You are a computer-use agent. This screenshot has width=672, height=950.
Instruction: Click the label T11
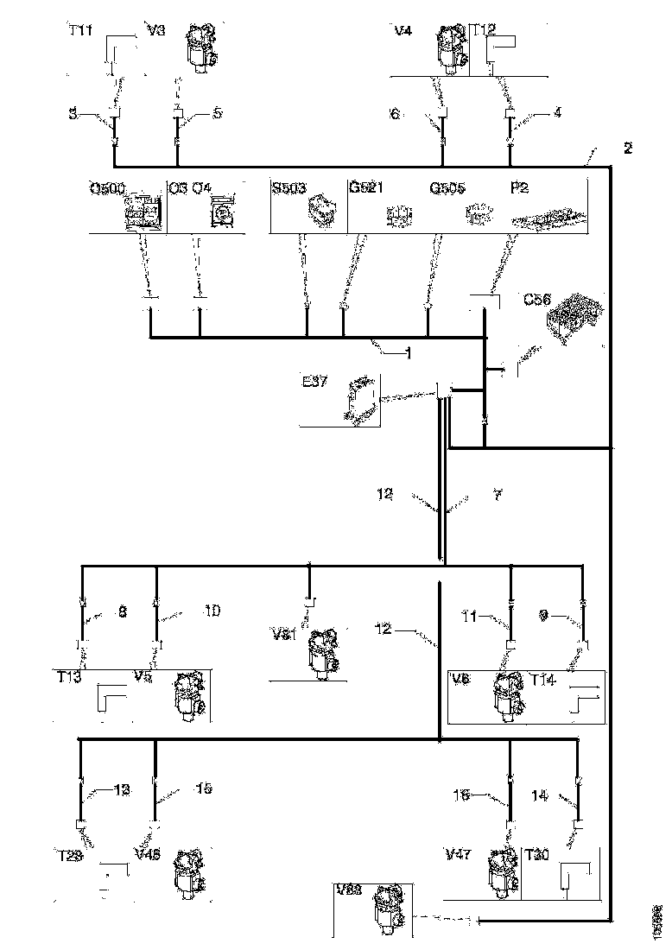80,30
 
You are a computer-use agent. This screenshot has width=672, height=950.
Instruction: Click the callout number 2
627,148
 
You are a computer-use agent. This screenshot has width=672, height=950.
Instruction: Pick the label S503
288,187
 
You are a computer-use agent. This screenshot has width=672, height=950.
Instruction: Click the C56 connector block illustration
572,321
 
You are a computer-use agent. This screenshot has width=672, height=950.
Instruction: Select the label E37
314,381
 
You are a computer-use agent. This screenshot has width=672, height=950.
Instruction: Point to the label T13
72,677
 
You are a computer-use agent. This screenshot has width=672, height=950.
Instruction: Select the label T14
544,680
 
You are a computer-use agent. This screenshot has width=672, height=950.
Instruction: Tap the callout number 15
204,788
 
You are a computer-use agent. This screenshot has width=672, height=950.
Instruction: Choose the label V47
459,854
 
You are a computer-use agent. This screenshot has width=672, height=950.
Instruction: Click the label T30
539,854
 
